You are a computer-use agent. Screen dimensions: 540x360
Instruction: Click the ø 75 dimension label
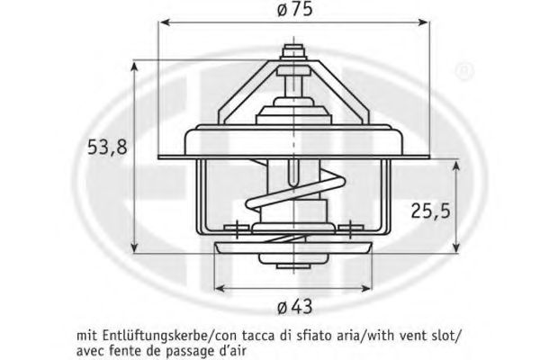coord(294,9)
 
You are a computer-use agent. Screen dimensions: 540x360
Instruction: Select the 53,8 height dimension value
coord(107,147)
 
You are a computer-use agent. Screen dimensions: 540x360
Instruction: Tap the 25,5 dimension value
coord(430,210)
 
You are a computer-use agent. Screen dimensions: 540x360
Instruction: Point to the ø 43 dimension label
coord(295,306)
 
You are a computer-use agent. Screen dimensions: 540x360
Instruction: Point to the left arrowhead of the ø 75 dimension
coord(166,22)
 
